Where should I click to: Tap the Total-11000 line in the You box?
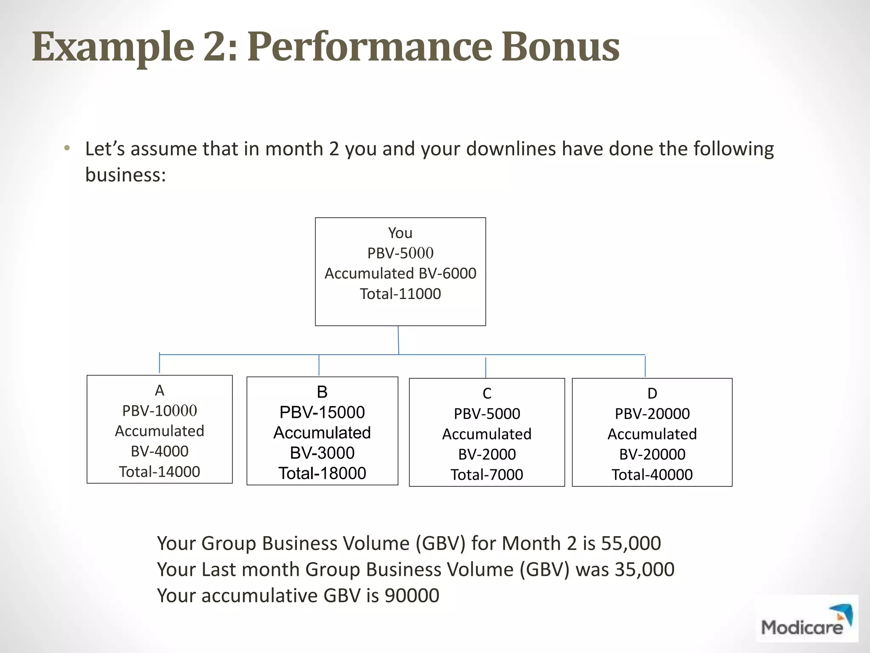point(400,294)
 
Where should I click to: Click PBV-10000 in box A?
point(159,411)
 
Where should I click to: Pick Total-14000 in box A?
point(159,471)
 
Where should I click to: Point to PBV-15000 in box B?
point(322,412)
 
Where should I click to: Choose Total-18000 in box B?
point(322,473)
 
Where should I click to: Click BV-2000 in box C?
point(487,454)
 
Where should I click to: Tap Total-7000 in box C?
point(487,474)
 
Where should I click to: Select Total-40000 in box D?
point(652,474)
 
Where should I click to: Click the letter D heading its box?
point(652,394)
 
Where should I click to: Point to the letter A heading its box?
point(159,390)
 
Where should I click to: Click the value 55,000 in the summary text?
point(631,543)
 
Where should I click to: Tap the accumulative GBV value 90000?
point(412,596)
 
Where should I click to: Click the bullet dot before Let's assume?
point(66,149)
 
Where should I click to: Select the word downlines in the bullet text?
point(511,149)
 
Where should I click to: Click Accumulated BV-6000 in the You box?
point(400,273)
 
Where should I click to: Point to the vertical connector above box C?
point(486,367)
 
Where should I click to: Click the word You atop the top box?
point(400,233)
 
